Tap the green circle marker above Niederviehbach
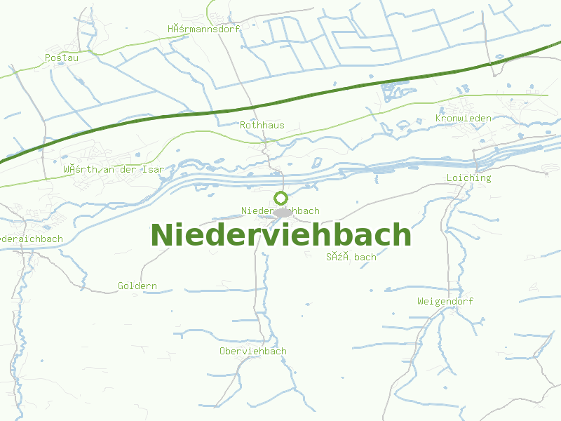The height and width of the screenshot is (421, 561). click(280, 198)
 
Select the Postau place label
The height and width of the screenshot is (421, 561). click(62, 58)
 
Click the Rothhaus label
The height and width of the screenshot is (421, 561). click(262, 125)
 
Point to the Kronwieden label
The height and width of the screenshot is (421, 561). click(463, 118)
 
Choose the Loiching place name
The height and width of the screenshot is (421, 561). click(468, 178)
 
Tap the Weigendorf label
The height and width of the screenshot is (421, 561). click(445, 301)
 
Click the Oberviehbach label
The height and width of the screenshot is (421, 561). click(252, 351)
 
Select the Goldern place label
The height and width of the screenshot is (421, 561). click(137, 286)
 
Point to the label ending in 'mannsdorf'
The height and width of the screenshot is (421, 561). click(203, 29)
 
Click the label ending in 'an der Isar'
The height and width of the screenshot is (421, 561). click(113, 169)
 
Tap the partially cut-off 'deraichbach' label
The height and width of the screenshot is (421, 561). click(32, 239)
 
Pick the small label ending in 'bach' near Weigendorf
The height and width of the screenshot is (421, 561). click(351, 257)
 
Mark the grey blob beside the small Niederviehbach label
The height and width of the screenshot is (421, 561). click(283, 212)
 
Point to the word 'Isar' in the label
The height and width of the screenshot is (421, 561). click(152, 169)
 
